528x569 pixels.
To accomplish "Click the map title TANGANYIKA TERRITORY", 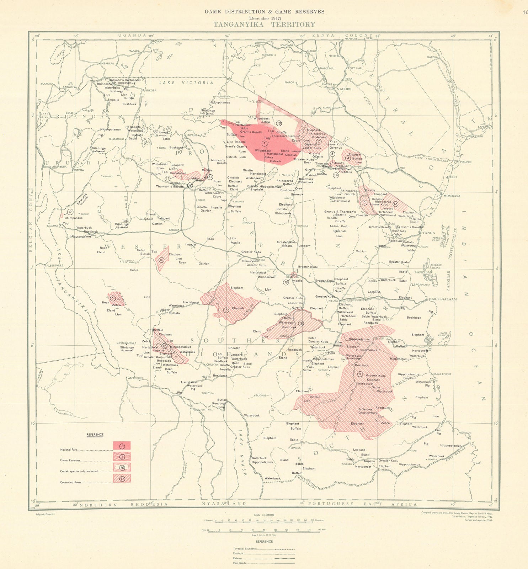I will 264,25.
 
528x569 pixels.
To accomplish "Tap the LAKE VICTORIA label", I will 186,83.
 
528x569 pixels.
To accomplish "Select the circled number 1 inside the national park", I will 264,143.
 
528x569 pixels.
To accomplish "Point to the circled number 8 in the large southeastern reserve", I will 360,374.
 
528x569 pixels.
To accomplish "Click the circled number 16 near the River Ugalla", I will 161,260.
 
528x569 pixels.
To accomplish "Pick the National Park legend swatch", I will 122,446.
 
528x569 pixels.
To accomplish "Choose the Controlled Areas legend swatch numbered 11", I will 122,478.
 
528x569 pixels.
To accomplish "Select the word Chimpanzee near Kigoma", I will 73,218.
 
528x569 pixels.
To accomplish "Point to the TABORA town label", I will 174,230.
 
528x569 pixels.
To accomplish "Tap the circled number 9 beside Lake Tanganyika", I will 70,212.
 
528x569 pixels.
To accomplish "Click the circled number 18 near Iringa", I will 301,323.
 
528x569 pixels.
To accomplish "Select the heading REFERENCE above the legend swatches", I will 95,435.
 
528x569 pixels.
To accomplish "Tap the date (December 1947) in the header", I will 264,18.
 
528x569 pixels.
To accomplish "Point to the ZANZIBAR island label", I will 423,272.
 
